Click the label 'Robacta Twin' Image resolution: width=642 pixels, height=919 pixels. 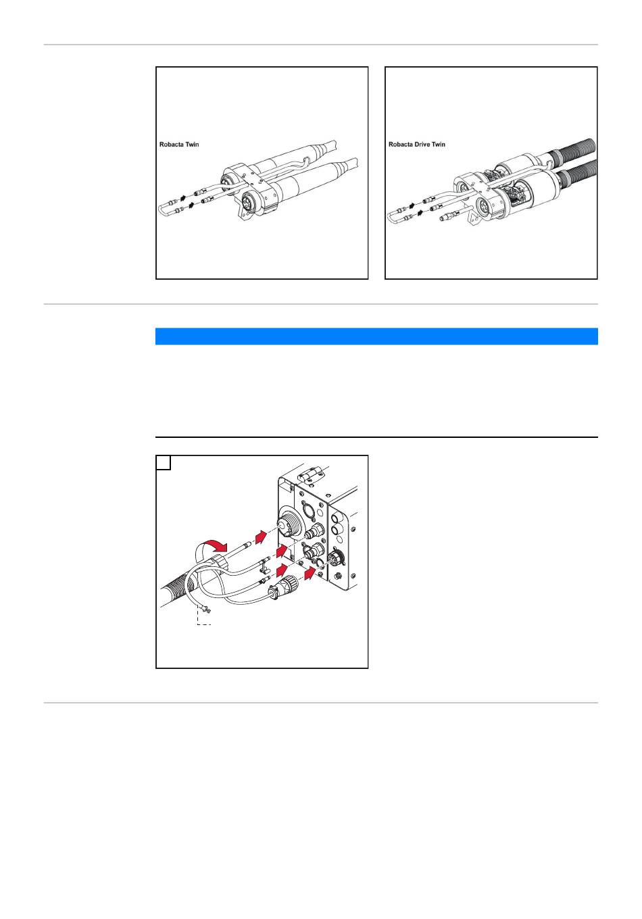click(179, 145)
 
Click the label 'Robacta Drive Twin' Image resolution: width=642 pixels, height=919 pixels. click(417, 145)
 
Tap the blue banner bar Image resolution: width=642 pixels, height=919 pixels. click(376, 336)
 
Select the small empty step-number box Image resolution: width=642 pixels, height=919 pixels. click(164, 462)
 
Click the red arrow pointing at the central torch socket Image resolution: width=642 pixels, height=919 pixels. click(261, 537)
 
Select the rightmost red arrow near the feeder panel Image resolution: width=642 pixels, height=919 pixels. click(311, 572)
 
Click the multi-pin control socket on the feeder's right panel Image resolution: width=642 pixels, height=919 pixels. click(335, 557)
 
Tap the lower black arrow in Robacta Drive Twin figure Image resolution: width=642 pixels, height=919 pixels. click(419, 212)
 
